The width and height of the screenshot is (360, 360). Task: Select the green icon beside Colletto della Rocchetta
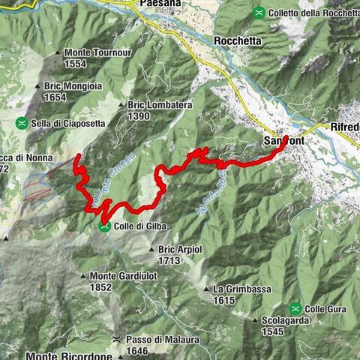click(x=259, y=12)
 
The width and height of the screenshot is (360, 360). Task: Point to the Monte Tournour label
click(x=97, y=52)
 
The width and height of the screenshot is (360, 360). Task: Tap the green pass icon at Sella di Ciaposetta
click(x=24, y=122)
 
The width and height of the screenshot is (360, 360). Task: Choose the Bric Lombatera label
click(x=160, y=106)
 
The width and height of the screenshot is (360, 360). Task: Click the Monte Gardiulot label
click(x=123, y=275)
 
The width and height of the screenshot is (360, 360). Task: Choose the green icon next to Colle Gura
click(x=297, y=308)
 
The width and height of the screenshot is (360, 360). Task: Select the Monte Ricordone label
click(x=69, y=355)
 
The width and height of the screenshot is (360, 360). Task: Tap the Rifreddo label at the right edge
click(x=344, y=127)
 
